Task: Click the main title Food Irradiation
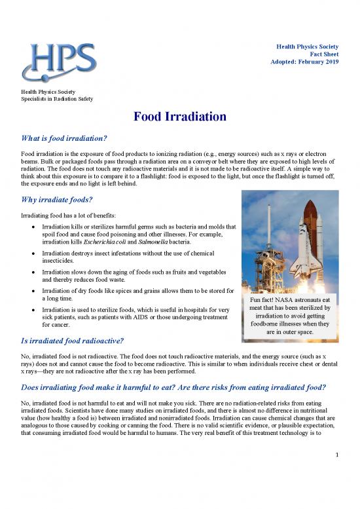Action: (180, 117)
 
